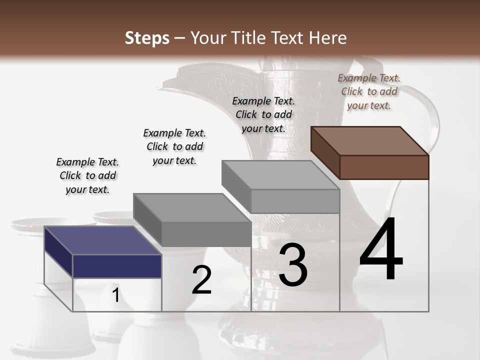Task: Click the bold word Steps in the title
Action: tap(147, 38)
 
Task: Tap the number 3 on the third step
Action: tap(293, 265)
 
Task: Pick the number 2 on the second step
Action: tap(201, 280)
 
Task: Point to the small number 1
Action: tap(115, 295)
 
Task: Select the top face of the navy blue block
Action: tap(103, 240)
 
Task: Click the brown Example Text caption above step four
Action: tap(369, 91)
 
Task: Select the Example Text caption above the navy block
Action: tap(87, 175)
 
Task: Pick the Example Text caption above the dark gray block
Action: tap(174, 146)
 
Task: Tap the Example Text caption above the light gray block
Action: tap(263, 114)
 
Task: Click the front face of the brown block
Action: tap(384, 167)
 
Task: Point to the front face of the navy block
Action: tap(117, 266)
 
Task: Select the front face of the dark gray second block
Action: tap(206, 234)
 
